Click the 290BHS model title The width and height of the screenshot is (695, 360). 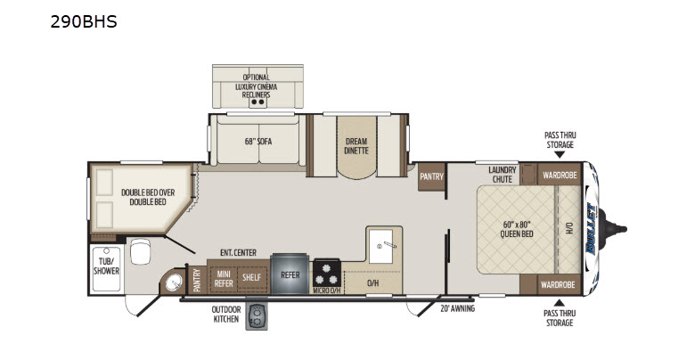coord(84,21)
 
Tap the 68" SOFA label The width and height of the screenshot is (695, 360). coord(258,142)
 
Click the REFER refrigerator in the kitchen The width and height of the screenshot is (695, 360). coord(290,274)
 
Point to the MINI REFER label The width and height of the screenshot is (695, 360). coord(224,278)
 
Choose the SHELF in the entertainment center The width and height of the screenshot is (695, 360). coord(251,277)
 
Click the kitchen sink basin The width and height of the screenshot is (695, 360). coord(381,246)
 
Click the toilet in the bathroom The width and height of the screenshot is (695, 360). coord(141,251)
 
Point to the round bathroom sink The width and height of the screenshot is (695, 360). coord(174,282)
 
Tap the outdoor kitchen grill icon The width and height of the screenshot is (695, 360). coord(257,316)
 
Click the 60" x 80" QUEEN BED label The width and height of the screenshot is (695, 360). coord(517,229)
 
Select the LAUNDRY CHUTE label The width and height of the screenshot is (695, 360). coord(503,175)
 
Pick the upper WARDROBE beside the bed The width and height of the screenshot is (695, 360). coord(560,174)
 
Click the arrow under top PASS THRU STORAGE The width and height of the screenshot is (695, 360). coord(560,155)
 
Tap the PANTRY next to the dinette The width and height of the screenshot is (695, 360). coord(431,176)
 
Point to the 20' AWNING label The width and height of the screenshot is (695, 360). coord(457,308)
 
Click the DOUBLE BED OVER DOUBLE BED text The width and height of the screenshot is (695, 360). coord(148,197)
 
